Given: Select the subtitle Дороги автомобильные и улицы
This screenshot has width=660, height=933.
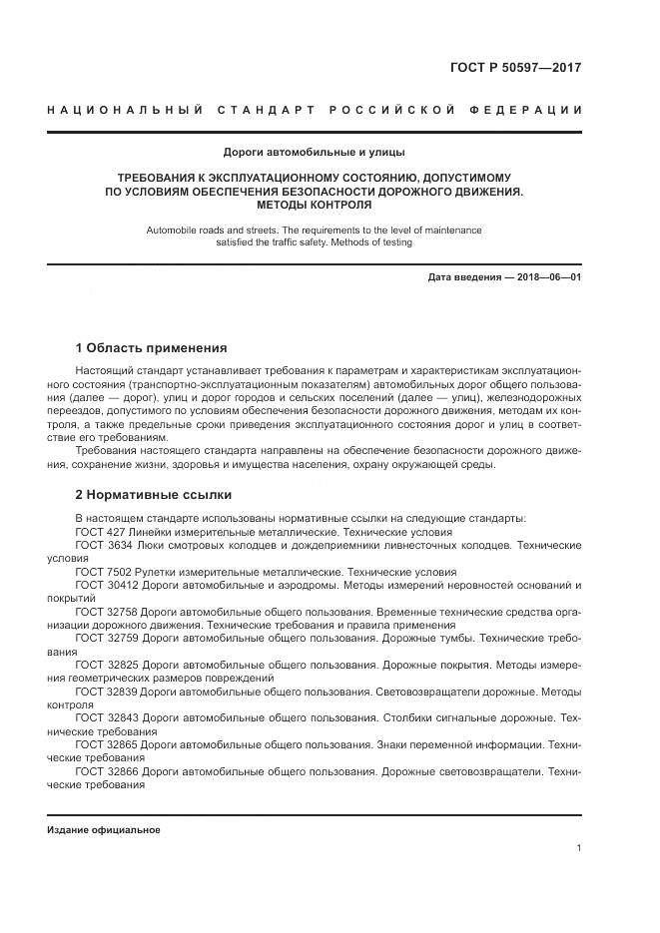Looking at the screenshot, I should coord(314,153).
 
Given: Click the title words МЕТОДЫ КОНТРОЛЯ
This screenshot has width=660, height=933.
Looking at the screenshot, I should coord(314,204).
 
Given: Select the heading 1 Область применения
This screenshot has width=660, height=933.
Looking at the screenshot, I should coord(151,348).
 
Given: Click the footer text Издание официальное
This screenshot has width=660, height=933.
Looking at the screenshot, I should coord(104,830).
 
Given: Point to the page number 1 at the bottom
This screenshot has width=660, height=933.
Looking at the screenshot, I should coord(578,848).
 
